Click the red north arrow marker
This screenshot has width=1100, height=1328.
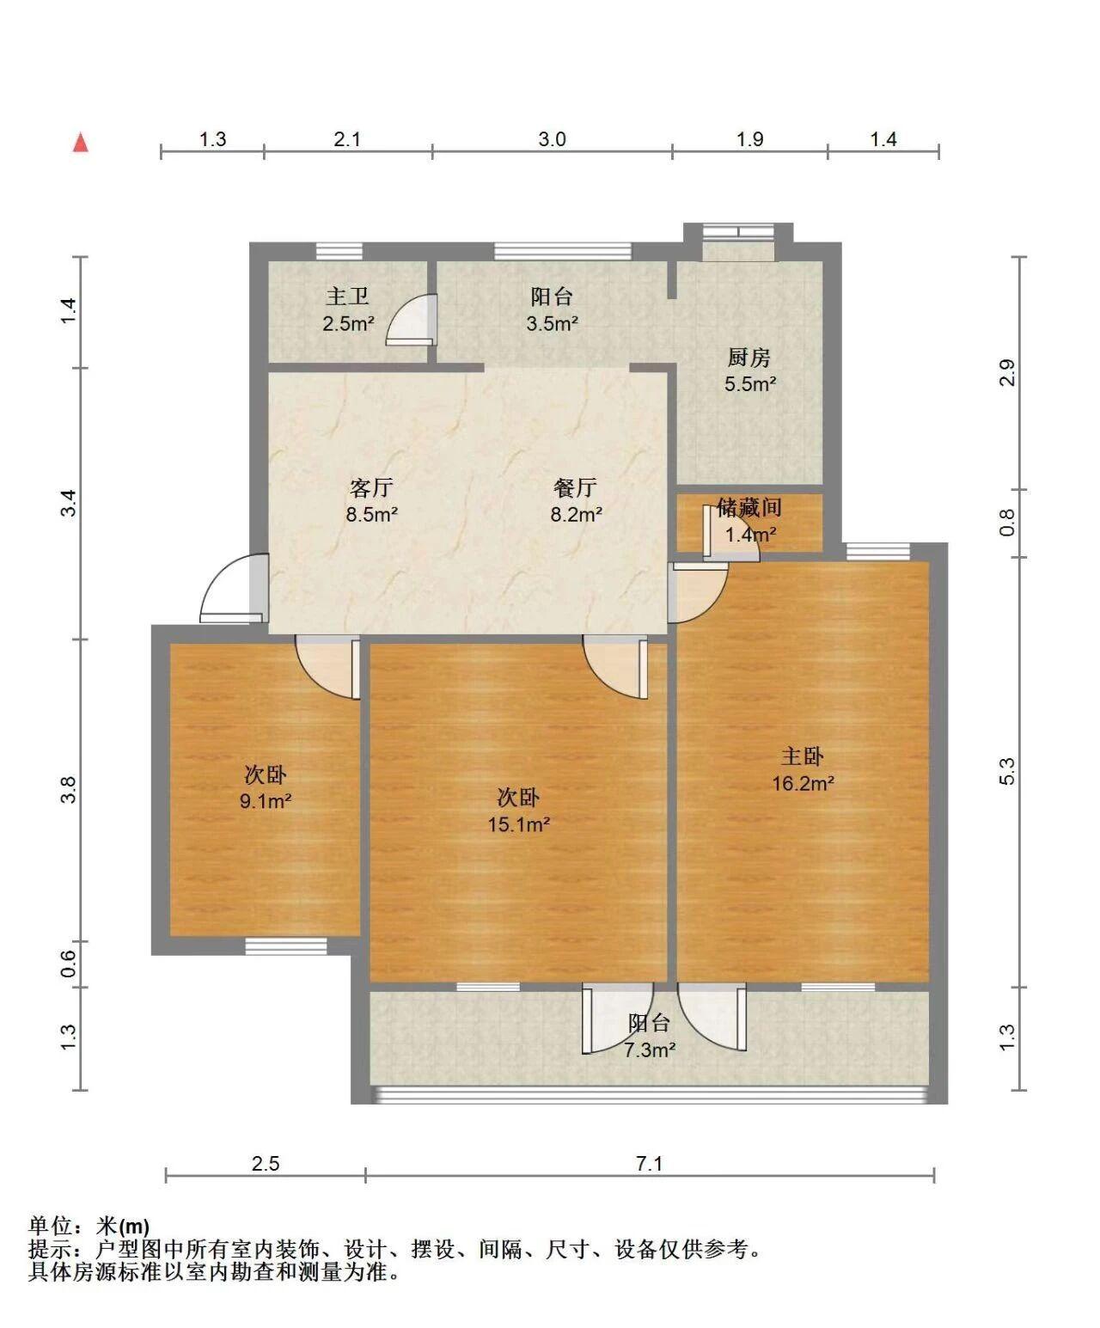tap(80, 143)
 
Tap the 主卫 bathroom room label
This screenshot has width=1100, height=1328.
tap(347, 297)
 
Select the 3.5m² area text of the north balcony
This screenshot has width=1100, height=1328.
tap(552, 324)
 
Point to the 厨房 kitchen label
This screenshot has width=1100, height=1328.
tap(749, 358)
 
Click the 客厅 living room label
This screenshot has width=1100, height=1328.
tap(372, 488)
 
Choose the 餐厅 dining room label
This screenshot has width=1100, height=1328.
tap(576, 488)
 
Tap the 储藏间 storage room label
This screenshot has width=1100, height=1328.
tap(749, 507)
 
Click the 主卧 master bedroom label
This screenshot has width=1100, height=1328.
tap(803, 756)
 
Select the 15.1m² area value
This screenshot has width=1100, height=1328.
tap(518, 825)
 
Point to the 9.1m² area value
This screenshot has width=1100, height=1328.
tap(266, 801)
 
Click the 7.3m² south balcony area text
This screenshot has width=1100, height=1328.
tap(649, 1050)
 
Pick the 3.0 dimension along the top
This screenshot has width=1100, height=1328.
tap(552, 139)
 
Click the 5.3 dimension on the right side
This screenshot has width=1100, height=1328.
tap(1007, 772)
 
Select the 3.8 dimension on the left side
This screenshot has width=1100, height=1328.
tap(69, 789)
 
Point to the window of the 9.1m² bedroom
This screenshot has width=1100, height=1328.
tap(286, 946)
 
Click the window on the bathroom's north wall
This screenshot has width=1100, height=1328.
tap(339, 251)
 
